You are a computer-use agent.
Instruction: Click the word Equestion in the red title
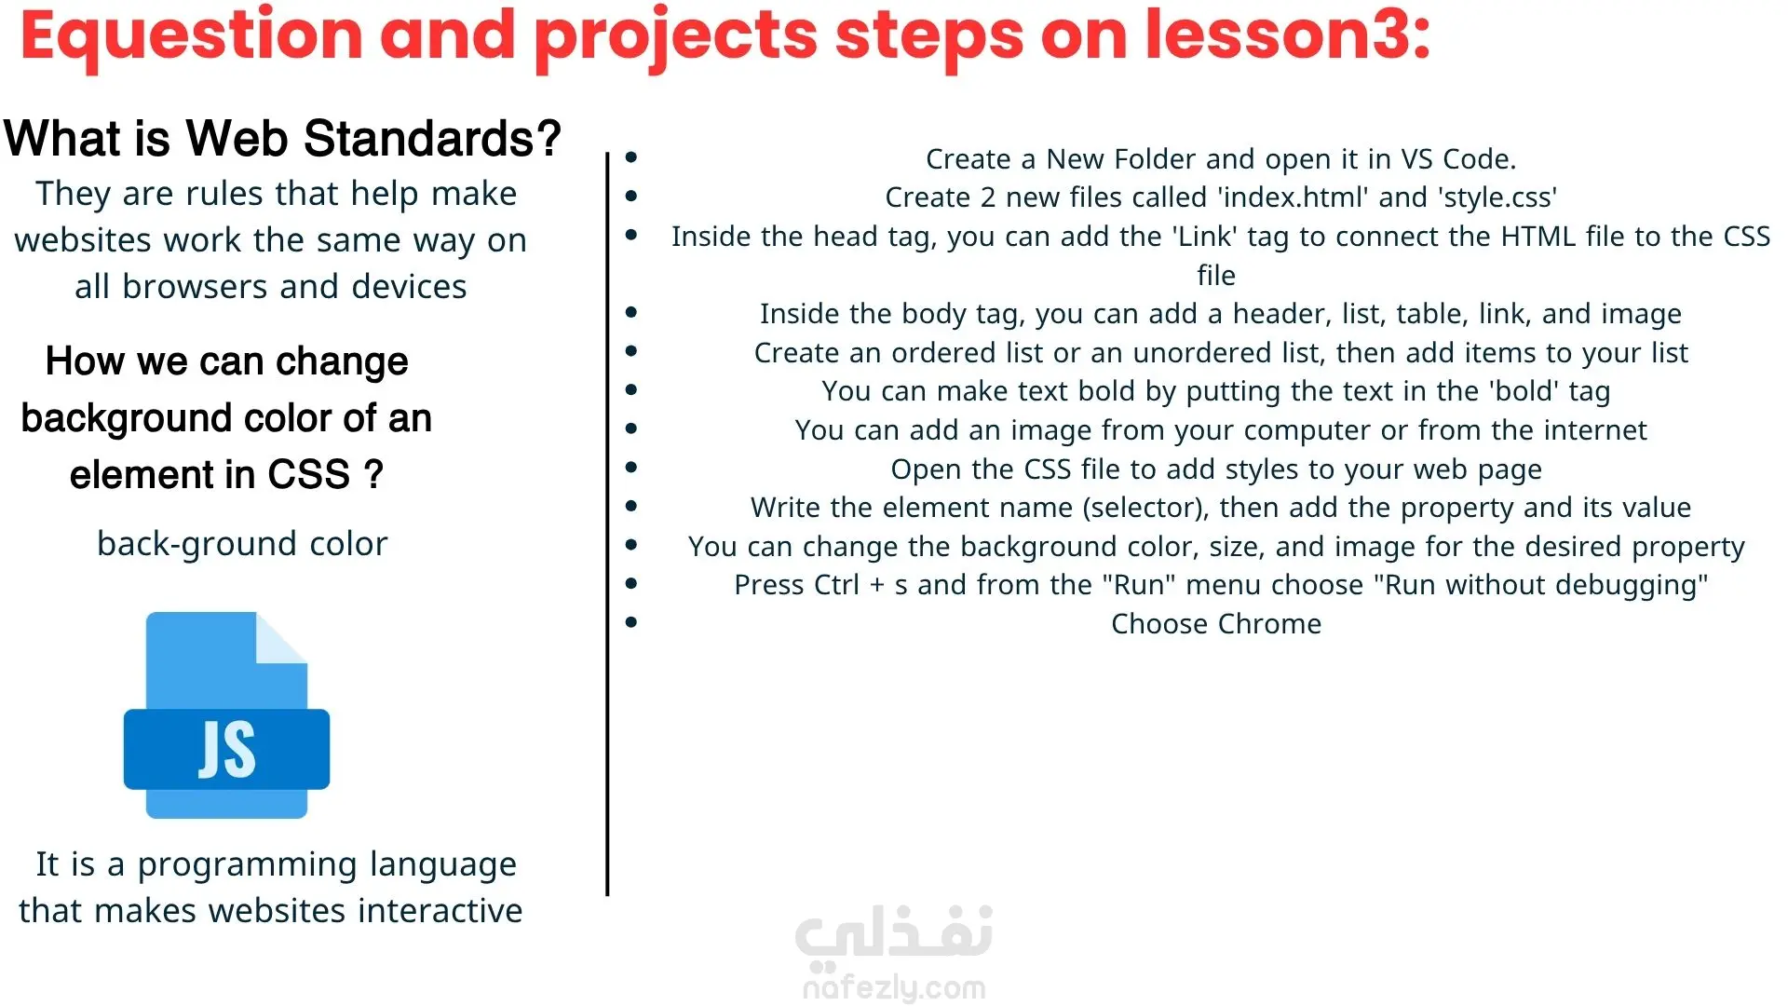point(192,37)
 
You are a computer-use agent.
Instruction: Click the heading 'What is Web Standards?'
point(282,139)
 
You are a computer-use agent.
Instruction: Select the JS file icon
point(226,715)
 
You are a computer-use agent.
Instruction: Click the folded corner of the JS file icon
point(282,637)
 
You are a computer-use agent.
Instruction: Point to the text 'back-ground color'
point(242,544)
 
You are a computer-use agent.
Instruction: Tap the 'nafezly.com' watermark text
point(894,987)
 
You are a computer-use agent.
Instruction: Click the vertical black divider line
point(607,524)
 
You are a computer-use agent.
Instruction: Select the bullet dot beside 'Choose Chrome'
point(631,622)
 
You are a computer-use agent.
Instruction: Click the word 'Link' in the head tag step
point(1205,237)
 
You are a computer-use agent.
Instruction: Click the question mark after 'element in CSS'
point(373,474)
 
